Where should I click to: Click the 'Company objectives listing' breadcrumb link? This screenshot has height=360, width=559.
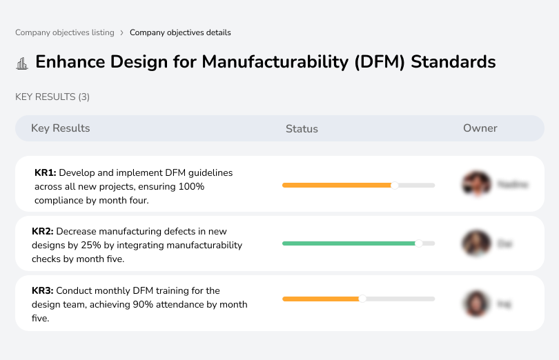64,32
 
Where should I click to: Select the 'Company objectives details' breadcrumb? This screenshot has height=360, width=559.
180,32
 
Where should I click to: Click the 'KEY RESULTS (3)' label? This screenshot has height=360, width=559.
52,97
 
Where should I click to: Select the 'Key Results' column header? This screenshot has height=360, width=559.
60,128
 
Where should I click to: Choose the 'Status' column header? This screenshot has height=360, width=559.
302,129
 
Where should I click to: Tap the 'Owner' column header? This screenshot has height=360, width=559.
480,128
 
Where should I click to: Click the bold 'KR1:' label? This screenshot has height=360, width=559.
45,172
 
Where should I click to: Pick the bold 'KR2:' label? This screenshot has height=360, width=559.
43,232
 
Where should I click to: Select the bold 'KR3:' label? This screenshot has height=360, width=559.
43,291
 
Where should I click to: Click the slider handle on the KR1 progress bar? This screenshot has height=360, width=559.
395,185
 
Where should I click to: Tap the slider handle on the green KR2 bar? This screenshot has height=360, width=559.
418,243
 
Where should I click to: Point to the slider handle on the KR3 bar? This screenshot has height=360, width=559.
362,299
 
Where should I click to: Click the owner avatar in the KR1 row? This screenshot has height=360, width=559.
475,184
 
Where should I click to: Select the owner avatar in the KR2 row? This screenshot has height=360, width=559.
475,243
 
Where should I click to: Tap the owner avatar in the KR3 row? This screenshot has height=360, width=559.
475,303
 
